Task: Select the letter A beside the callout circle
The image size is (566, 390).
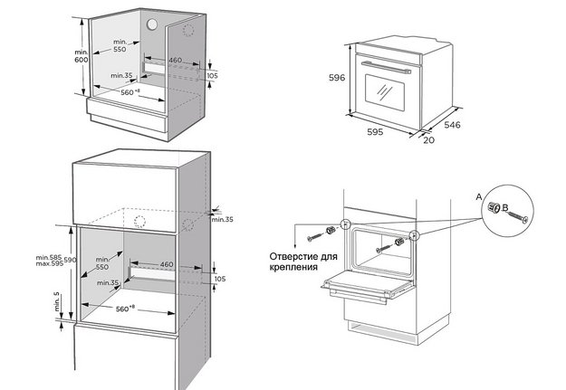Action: (477, 195)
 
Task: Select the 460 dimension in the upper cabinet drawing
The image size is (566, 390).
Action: (177, 60)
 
